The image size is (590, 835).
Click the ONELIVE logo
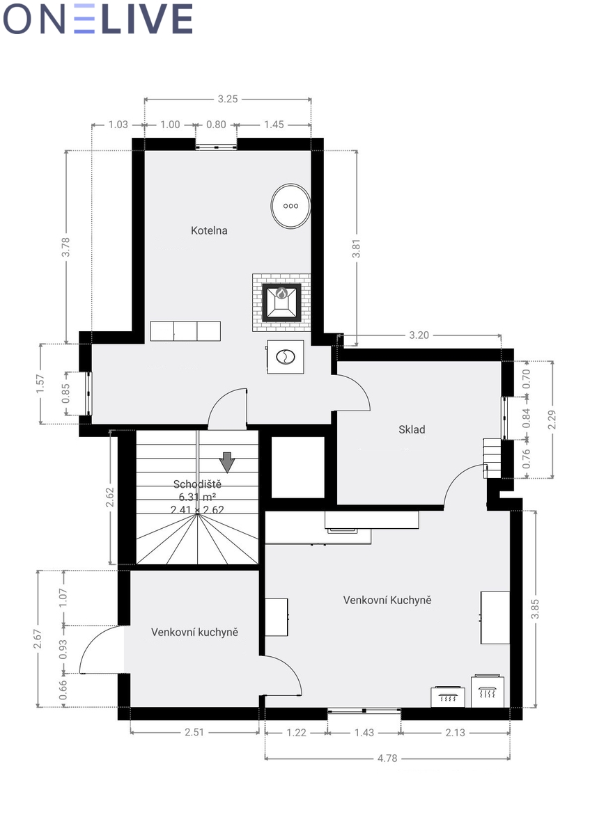tap(98, 19)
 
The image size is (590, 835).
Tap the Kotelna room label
tap(209, 230)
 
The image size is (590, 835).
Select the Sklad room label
tap(412, 429)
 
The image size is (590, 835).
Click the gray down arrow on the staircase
tap(226, 462)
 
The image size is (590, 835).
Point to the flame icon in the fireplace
tap(281, 294)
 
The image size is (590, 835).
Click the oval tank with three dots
tap(290, 205)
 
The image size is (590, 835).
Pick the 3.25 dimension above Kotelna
tap(228, 99)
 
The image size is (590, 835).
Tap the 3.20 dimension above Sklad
tap(419, 335)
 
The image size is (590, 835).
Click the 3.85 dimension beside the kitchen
tap(535, 608)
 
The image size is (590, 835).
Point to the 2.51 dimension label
tap(194, 732)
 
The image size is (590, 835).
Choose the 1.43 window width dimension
tap(364, 733)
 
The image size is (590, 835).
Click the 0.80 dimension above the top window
tap(216, 125)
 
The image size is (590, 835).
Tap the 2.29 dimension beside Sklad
tap(552, 420)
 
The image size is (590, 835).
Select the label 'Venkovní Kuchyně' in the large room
tap(387, 600)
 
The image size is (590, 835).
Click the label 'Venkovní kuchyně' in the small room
tap(194, 632)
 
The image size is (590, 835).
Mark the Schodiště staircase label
tap(197, 484)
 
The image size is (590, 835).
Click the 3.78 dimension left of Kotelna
tap(65, 247)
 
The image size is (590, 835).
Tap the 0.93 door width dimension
tap(63, 649)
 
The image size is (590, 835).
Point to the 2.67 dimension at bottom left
tap(38, 638)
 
